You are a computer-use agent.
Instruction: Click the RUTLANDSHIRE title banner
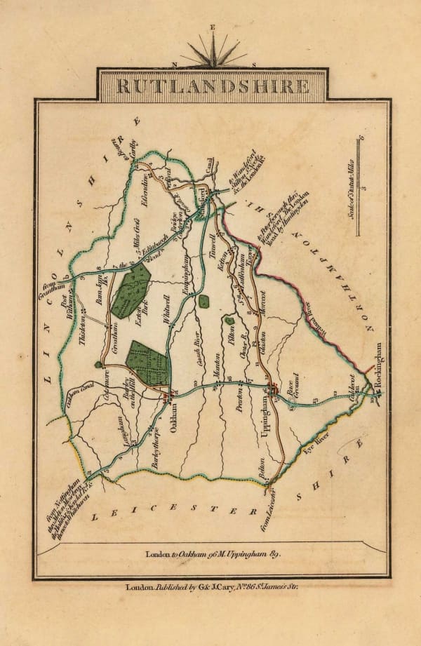211,86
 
